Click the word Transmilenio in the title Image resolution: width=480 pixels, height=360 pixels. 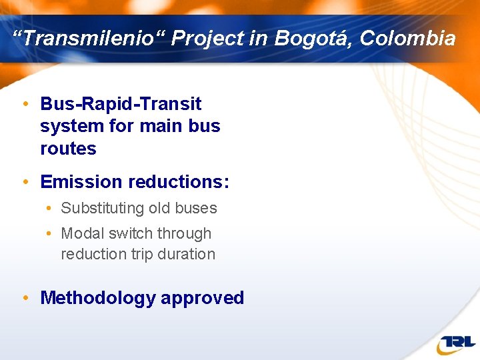(89, 39)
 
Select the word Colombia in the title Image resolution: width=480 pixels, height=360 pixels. (407, 39)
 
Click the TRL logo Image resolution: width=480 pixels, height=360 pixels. (456, 343)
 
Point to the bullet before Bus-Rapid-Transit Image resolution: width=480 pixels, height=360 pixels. (25, 105)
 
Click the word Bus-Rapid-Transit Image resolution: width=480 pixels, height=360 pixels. (121, 104)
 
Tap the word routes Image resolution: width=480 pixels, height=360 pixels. (68, 149)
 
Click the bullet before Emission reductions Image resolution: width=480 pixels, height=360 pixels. (25, 182)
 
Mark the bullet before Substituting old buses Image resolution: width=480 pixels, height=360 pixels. (51, 209)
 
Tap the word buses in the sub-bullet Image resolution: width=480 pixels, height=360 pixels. (195, 208)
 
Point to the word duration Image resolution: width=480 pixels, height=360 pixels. (185, 254)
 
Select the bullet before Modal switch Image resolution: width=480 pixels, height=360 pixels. (51, 234)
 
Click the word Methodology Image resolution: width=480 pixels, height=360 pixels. (97, 298)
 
